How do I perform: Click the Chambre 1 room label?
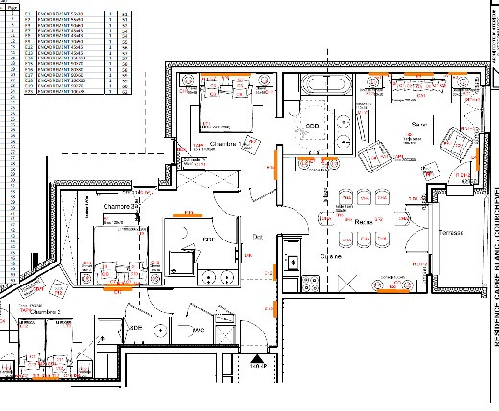pyautogui.click(x=225, y=144)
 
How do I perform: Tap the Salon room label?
pyautogui.click(x=419, y=125)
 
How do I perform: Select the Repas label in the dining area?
pyautogui.click(x=363, y=221)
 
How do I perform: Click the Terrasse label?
pyautogui.click(x=452, y=234)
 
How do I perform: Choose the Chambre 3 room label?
pyautogui.click(x=119, y=207)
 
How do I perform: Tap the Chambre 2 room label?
pyautogui.click(x=45, y=313)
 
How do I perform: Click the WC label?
pyautogui.click(x=200, y=331)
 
